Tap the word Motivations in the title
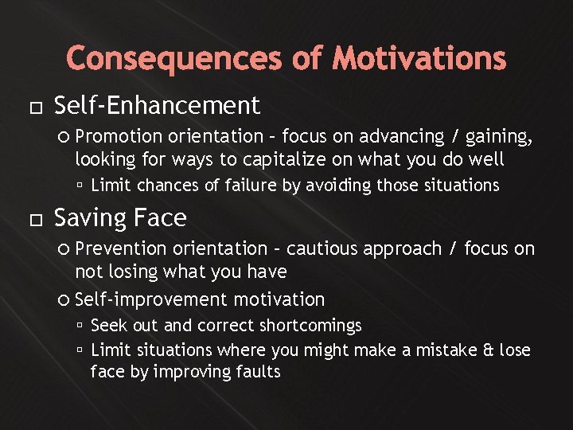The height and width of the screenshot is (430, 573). click(419, 59)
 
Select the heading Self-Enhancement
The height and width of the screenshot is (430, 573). click(157, 105)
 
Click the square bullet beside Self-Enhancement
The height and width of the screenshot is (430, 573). click(31, 107)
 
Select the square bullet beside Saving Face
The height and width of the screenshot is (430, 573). click(31, 219)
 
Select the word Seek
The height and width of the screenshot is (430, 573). click(107, 326)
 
